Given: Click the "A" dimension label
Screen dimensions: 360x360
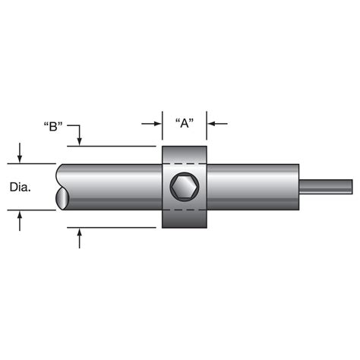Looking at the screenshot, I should [x=184, y=124].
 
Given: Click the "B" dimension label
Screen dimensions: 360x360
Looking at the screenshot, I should [x=54, y=126].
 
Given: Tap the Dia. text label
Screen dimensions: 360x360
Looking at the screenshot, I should [x=21, y=186].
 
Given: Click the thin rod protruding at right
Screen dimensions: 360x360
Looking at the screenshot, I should [x=327, y=186].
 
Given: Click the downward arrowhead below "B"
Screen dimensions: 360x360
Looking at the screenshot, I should [x=80, y=141].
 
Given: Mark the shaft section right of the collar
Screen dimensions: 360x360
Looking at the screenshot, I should [x=251, y=186].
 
